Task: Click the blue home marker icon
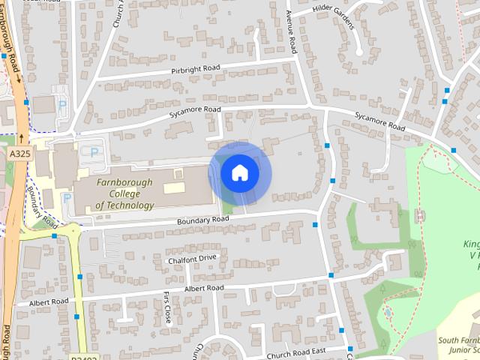pyautogui.click(x=239, y=172)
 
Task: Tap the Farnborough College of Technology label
pyautogui.click(x=124, y=193)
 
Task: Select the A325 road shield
pyautogui.click(x=20, y=153)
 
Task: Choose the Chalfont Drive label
pyautogui.click(x=192, y=258)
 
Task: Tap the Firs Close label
pyautogui.click(x=167, y=307)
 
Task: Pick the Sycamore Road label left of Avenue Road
pyautogui.click(x=195, y=109)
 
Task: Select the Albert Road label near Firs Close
pyautogui.click(x=203, y=288)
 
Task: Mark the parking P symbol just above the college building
pyautogui.click(x=94, y=152)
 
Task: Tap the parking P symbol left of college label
pyautogui.click(x=67, y=199)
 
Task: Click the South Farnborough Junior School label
pyautogui.click(x=458, y=346)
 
